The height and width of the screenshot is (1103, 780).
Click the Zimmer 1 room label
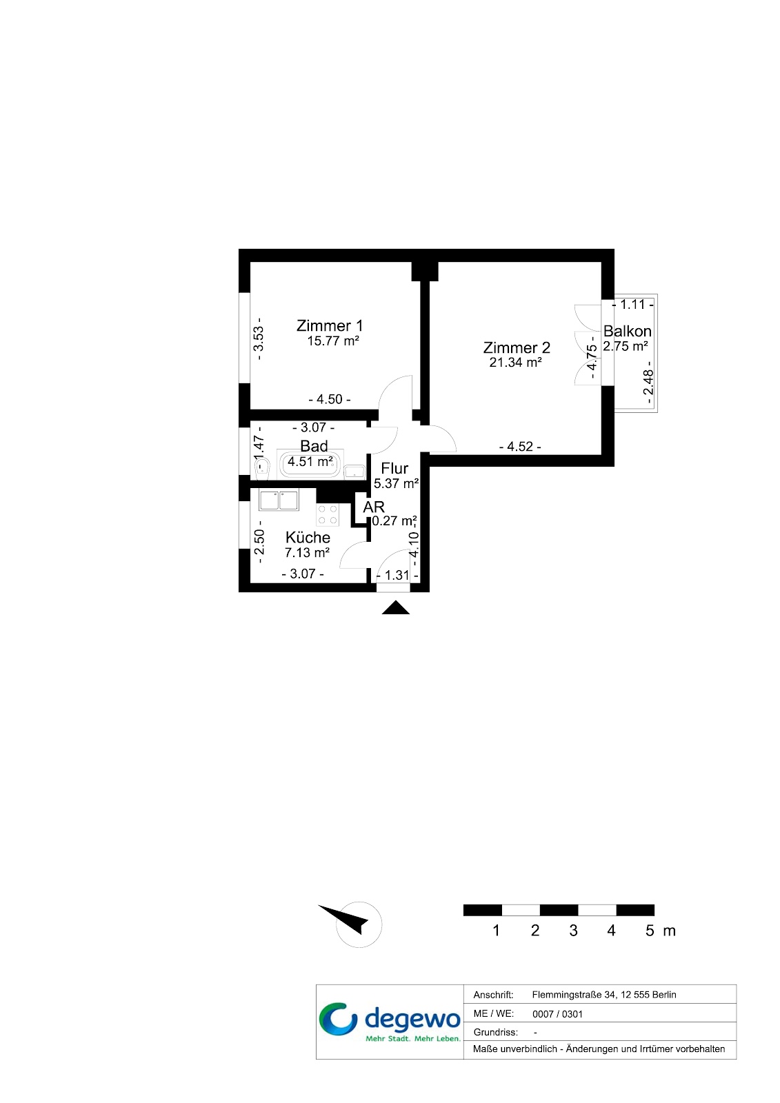[330, 325]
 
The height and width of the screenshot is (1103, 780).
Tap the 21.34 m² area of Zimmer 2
[515, 363]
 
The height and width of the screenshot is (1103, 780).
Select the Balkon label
[628, 331]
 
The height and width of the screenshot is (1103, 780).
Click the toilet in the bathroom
[263, 467]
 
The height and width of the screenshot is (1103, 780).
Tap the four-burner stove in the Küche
[328, 514]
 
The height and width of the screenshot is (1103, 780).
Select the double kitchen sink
[279, 500]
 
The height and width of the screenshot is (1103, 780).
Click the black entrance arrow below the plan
[396, 609]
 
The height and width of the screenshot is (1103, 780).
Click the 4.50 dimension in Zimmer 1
[330, 399]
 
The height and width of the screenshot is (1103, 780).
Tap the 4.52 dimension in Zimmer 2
[520, 447]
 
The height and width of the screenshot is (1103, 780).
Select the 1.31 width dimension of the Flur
[397, 575]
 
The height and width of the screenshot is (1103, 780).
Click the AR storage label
[374, 507]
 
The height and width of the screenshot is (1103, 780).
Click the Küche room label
[308, 537]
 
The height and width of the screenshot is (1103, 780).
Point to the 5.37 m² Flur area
[396, 483]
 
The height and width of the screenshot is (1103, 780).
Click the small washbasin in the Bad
[354, 472]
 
